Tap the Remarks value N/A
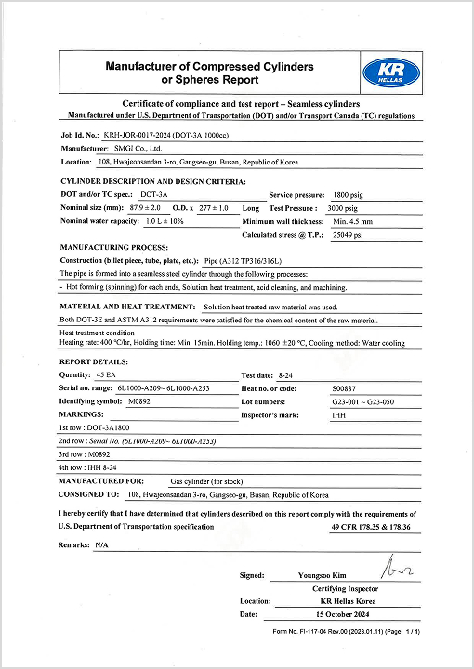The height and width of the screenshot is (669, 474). pos(101,544)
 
